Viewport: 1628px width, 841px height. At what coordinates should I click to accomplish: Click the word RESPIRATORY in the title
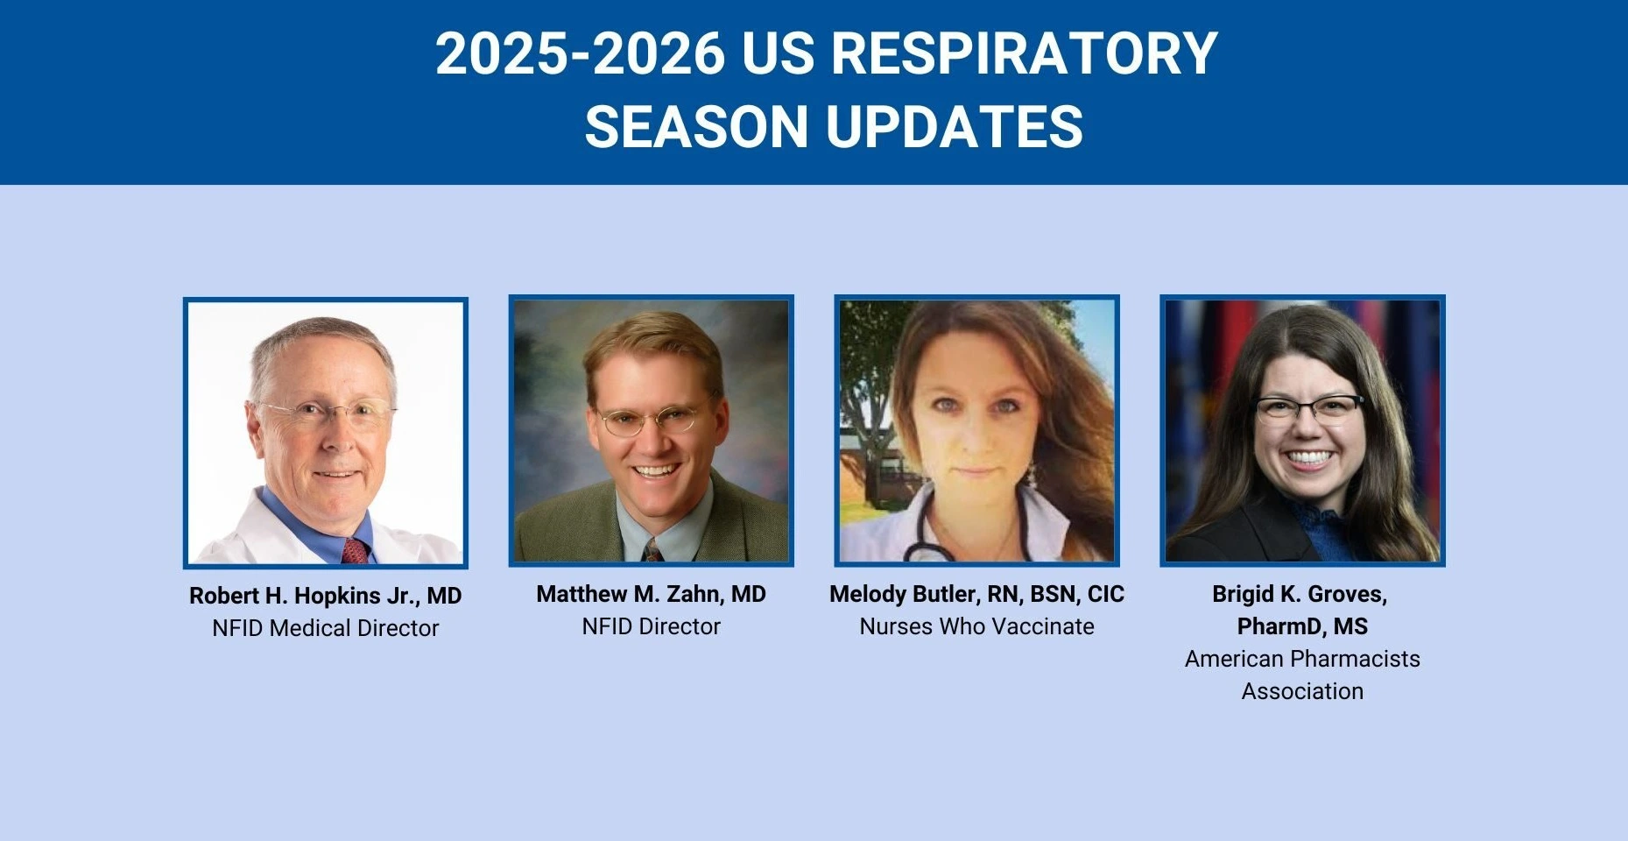(x=1024, y=53)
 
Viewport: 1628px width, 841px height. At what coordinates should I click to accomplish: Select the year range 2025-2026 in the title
(x=581, y=53)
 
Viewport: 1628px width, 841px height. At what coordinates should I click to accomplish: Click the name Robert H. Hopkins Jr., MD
(x=326, y=596)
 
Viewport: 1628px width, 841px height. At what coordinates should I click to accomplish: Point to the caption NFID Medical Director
(x=326, y=628)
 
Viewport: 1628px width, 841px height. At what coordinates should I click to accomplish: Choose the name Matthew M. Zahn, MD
(x=652, y=594)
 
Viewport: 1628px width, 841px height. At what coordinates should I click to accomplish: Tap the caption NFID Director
(x=652, y=626)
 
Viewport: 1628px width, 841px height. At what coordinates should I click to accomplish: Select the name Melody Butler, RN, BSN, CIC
(x=977, y=594)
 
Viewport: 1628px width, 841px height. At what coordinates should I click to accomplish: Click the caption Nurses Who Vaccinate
(x=977, y=626)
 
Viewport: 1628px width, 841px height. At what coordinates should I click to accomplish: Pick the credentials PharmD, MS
(x=1303, y=626)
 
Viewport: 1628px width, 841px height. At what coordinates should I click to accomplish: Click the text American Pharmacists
(x=1303, y=659)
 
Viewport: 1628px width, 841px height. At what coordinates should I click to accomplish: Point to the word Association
(x=1303, y=691)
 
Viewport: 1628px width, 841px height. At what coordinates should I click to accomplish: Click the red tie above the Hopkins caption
(x=355, y=551)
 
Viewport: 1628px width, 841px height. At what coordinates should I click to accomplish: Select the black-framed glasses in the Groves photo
(x=1308, y=408)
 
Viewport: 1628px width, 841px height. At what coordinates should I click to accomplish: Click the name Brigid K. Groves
(x=1300, y=594)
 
